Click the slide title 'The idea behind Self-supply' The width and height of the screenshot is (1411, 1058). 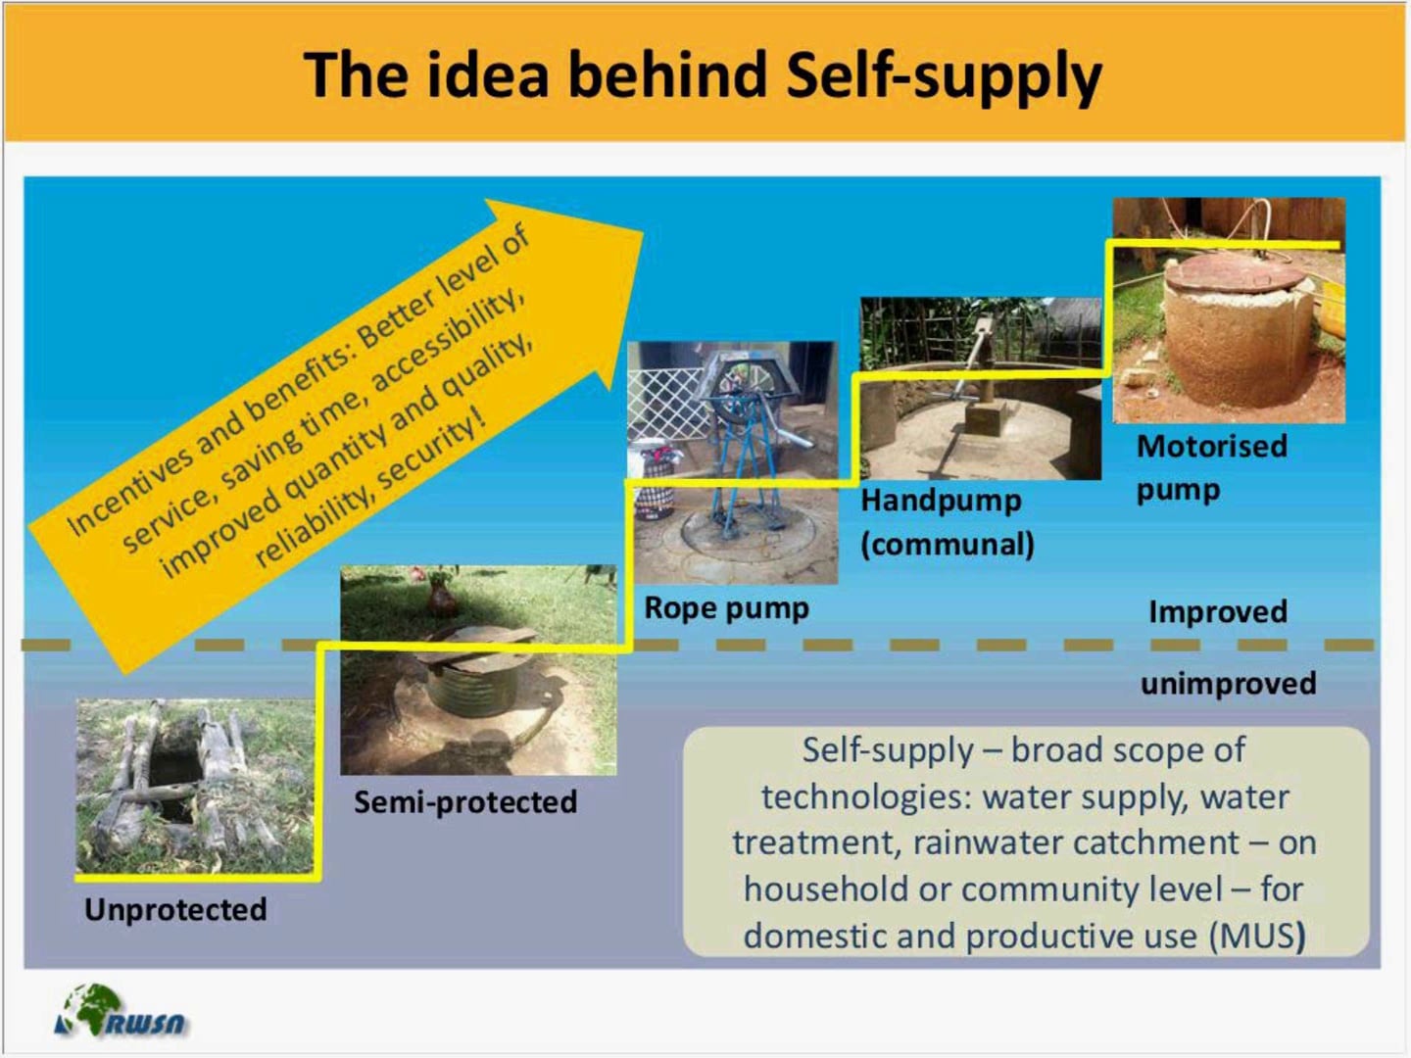(x=703, y=75)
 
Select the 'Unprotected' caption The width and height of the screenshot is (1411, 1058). (x=175, y=910)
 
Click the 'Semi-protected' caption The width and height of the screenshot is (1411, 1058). (x=465, y=802)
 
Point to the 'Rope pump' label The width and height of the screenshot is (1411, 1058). (x=726, y=608)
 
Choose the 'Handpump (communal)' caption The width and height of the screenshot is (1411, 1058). (x=947, y=522)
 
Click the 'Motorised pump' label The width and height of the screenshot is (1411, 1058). (x=1211, y=467)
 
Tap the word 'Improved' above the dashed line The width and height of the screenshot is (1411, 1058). (x=1218, y=612)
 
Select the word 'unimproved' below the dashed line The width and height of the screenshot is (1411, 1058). (x=1228, y=683)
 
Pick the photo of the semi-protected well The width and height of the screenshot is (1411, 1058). (x=478, y=670)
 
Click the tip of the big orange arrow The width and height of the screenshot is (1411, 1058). (x=642, y=233)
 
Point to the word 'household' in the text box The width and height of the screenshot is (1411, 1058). (x=826, y=890)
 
